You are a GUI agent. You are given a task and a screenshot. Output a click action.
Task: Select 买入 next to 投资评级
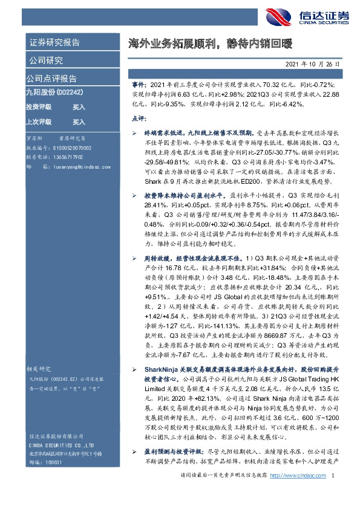coord(79,106)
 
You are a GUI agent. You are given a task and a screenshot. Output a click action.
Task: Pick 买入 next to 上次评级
coord(79,122)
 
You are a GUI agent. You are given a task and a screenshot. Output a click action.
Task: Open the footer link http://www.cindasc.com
coord(297,494)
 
